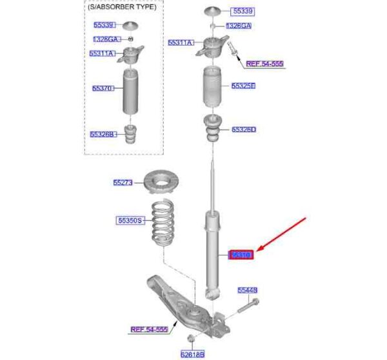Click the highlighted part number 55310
click(x=242, y=255)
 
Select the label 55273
click(x=123, y=183)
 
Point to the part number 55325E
click(x=243, y=86)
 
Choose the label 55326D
click(x=244, y=130)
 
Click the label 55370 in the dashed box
click(x=103, y=88)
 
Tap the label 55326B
click(x=103, y=134)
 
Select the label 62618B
click(x=192, y=354)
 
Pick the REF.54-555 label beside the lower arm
click(x=149, y=330)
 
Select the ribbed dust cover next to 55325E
click(x=212, y=87)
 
